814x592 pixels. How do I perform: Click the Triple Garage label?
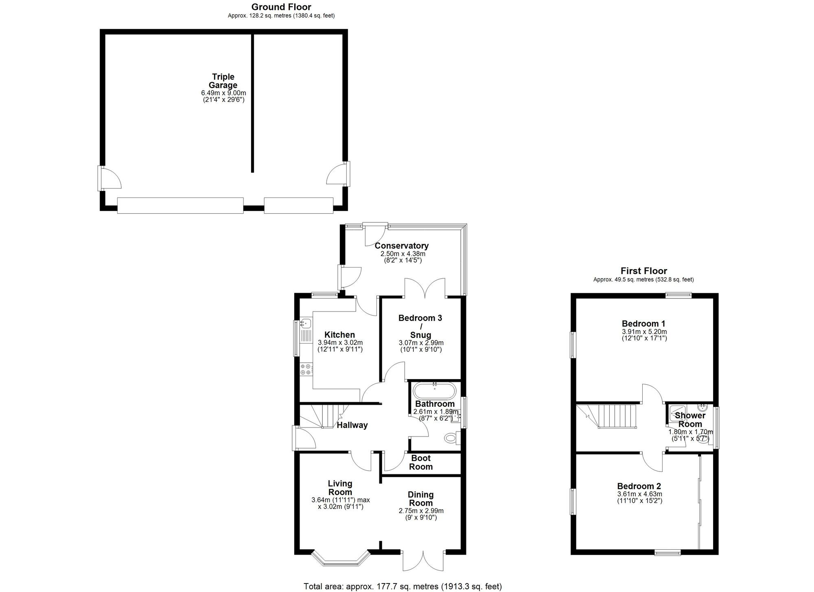point(223,81)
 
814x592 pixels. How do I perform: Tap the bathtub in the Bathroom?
point(434,391)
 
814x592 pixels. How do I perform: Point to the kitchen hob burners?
point(306,369)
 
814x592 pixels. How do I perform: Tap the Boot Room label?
point(421,463)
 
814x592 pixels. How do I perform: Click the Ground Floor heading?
point(281,7)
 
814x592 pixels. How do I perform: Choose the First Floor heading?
point(643,271)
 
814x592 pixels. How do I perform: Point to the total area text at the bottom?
point(403,586)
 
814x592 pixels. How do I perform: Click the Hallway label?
point(352,425)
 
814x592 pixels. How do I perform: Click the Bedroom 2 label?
point(639,486)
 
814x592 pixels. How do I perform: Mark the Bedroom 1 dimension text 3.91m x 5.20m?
point(643,331)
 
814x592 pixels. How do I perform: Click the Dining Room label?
point(421,499)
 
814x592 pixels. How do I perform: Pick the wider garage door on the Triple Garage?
point(180,205)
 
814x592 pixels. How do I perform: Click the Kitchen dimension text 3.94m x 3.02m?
point(340,342)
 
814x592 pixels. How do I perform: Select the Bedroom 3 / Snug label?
point(420,326)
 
